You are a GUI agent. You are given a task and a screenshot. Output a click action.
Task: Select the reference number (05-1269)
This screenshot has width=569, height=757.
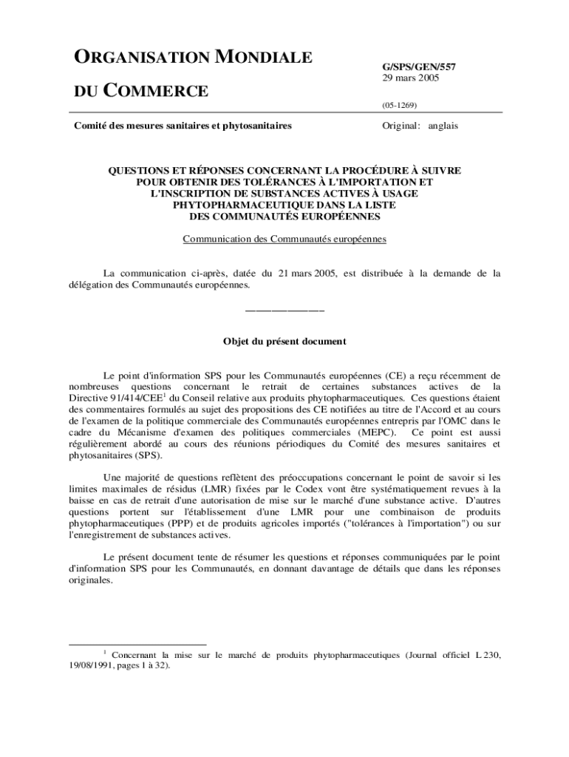pos(399,106)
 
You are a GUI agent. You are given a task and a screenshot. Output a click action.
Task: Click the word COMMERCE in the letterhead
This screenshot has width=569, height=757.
pos(154,92)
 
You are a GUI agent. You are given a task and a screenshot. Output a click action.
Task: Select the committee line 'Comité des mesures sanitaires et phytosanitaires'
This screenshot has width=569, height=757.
pos(183,126)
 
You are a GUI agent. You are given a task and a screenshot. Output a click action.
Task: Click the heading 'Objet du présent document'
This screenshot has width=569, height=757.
pos(284,342)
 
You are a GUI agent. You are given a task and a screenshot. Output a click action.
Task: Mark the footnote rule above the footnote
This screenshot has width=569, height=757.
pos(137,644)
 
